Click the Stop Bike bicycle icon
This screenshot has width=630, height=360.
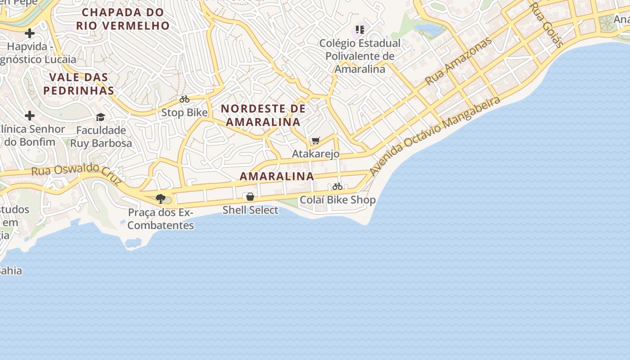[184, 99]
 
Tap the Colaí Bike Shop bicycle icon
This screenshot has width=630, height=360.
[337, 186]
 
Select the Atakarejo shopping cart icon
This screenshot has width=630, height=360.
[316, 141]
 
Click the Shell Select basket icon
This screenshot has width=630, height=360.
[250, 197]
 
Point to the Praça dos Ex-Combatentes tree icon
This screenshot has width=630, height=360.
[160, 198]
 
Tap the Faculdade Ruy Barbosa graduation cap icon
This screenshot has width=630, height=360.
[100, 117]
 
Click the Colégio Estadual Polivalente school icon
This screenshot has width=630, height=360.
[360, 30]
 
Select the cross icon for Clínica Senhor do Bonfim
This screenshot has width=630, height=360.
[30, 116]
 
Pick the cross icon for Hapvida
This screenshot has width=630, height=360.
[30, 33]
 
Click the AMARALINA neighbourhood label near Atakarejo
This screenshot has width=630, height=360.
[277, 176]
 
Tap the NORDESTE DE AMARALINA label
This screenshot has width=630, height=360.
[263, 115]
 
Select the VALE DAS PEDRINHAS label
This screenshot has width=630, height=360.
[79, 84]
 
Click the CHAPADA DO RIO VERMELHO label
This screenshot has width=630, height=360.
[123, 19]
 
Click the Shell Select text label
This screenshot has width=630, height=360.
[250, 210]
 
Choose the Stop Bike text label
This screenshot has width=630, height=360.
[184, 112]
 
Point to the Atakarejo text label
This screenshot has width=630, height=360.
[316, 154]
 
